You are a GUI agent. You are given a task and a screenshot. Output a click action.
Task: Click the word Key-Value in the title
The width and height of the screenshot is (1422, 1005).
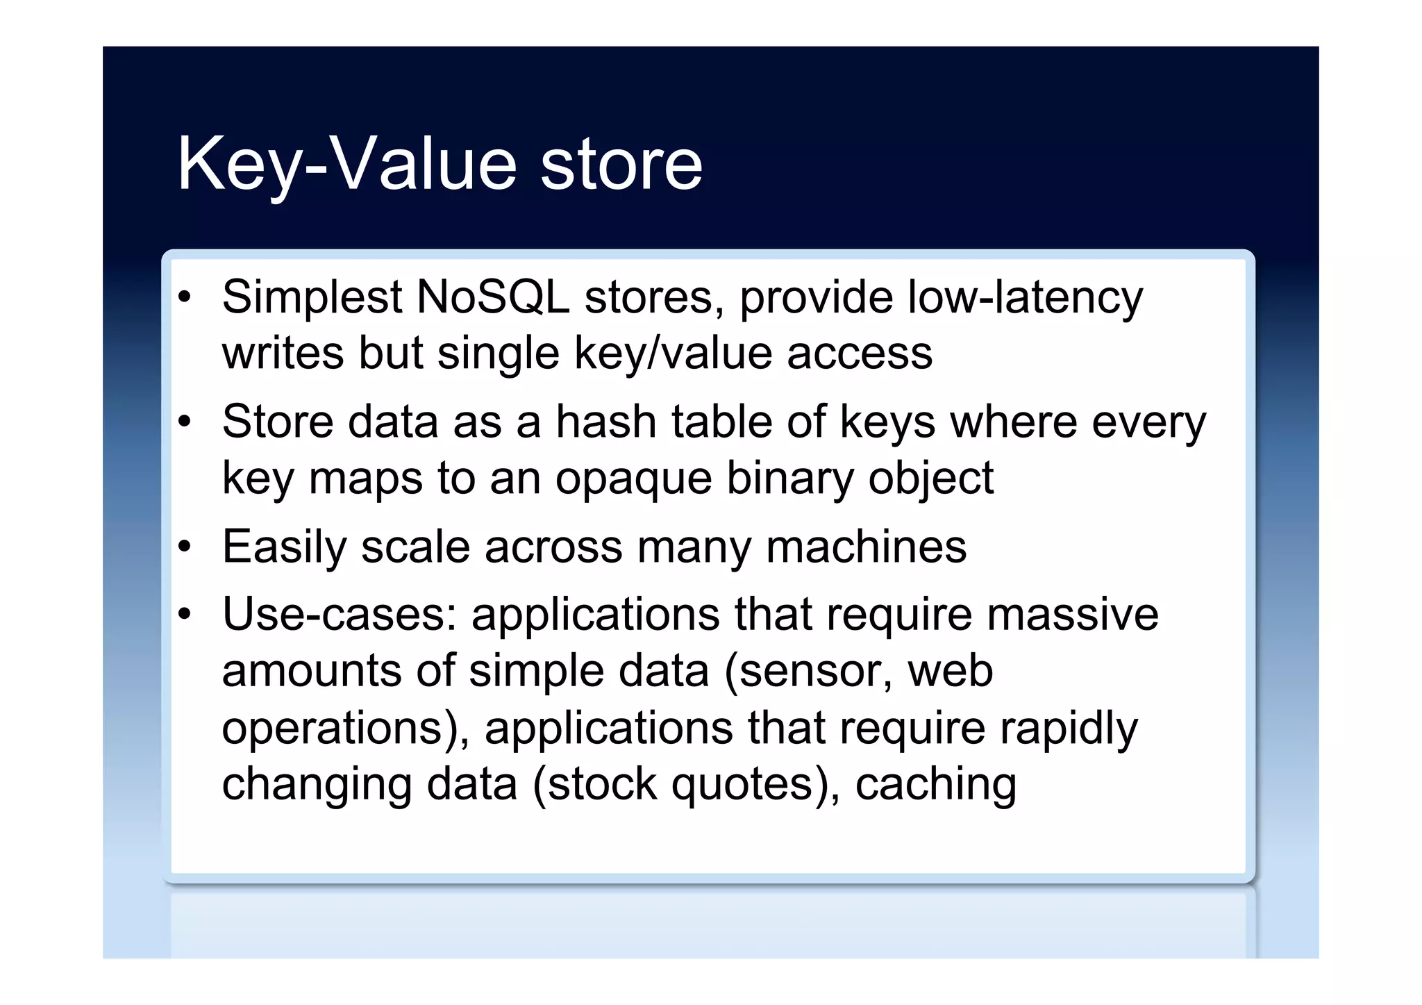click(x=347, y=165)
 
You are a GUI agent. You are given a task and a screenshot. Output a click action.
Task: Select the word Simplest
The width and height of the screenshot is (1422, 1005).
click(x=312, y=297)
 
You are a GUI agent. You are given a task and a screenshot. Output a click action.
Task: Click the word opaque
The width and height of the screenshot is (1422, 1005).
click(x=633, y=479)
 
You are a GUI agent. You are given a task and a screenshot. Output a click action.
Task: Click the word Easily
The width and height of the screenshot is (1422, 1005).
click(x=284, y=547)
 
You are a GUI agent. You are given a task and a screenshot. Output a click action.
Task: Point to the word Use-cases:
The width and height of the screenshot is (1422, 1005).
click(x=340, y=615)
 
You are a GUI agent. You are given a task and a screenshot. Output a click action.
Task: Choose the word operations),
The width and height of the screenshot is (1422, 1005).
click(x=345, y=729)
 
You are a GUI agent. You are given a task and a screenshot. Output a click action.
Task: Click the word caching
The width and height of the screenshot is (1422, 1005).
click(x=935, y=785)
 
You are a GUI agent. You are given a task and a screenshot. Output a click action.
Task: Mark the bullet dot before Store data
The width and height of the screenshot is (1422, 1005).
click(x=184, y=422)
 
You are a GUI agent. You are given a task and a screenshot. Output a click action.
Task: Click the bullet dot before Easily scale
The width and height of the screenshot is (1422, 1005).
click(x=184, y=547)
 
